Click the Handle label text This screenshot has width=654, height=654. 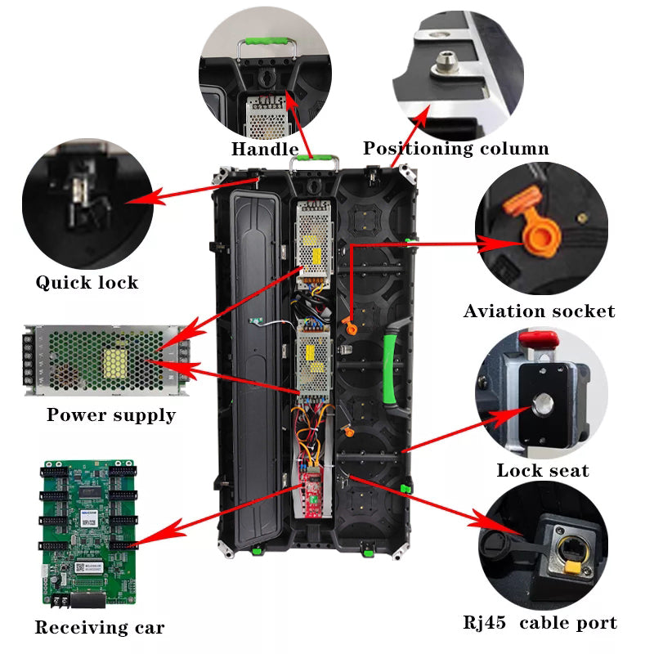click(264, 149)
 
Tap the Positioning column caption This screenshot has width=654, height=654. click(455, 149)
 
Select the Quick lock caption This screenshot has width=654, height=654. click(87, 283)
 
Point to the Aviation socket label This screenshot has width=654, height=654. click(539, 311)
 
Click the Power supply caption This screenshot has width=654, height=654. click(110, 414)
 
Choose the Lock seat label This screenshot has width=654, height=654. click(542, 470)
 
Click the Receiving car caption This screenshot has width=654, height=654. click(99, 628)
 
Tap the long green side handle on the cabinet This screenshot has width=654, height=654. click(391, 368)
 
